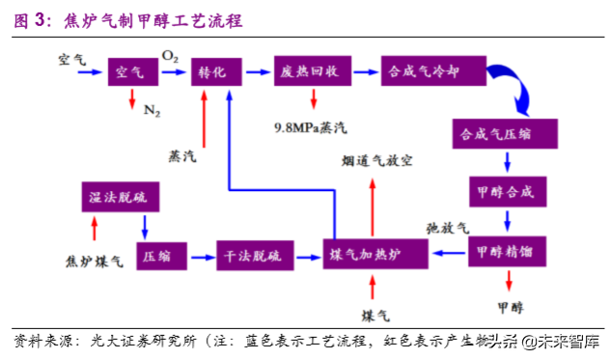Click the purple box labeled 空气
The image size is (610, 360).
[130, 71]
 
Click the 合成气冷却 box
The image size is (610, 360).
[427, 71]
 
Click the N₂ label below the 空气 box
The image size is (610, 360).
[152, 111]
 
